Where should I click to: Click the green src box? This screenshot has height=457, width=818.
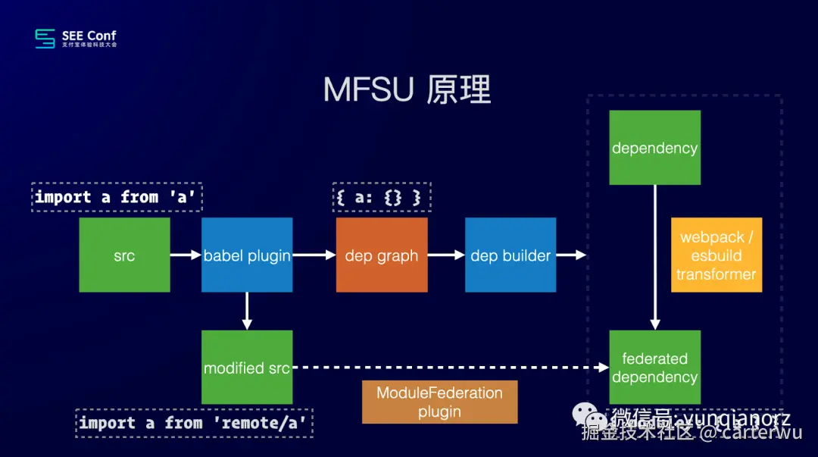click(124, 255)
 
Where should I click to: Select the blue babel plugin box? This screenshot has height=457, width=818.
click(247, 255)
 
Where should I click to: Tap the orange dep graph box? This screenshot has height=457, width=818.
click(381, 255)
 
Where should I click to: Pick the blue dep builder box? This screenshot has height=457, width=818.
click(510, 255)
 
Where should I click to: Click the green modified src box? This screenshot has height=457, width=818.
click(247, 368)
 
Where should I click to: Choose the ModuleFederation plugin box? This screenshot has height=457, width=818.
click(439, 402)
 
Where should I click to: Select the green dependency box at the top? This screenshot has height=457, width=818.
click(654, 147)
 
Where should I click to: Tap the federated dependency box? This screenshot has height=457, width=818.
click(654, 368)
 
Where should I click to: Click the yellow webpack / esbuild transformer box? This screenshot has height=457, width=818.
click(716, 255)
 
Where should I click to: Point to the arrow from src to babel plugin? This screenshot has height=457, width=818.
click(186, 255)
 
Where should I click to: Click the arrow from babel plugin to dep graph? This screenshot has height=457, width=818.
click(314, 255)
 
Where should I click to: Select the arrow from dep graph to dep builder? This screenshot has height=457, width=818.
click(445, 255)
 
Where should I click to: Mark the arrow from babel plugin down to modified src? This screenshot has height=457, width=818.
click(247, 311)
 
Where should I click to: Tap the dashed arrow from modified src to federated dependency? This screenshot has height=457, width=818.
click(451, 368)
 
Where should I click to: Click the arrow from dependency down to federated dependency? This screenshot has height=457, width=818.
click(654, 258)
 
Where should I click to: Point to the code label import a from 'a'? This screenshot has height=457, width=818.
click(118, 197)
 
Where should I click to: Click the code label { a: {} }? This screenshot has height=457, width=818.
click(381, 197)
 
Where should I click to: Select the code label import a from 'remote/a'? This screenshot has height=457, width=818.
click(194, 423)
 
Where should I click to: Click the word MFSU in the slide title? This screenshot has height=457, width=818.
click(369, 90)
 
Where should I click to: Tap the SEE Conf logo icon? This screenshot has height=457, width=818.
click(45, 39)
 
